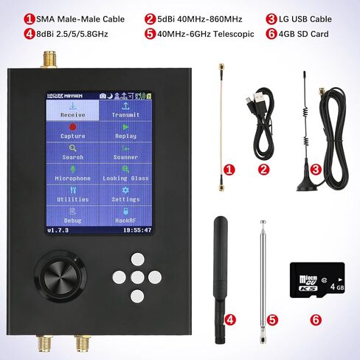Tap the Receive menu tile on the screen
click(73, 110)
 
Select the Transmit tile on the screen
click(125, 110)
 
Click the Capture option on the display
click(73, 131)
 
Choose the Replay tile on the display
click(125, 131)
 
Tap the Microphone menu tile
click(73, 173)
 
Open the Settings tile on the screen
click(125, 195)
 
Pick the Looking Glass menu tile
click(125, 173)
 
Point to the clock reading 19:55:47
click(136, 230)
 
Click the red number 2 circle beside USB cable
click(263, 169)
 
